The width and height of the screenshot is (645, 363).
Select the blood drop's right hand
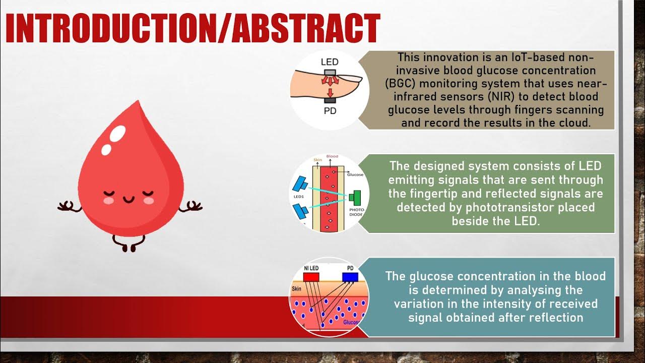click(193, 206)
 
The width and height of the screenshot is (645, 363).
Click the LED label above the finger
click(330, 63)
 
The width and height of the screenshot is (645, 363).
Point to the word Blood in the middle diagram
click(332, 157)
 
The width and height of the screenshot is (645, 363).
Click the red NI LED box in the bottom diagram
click(311, 277)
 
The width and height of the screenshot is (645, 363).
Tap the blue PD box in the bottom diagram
click(350, 277)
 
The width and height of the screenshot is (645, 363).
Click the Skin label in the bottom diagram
click(297, 289)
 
